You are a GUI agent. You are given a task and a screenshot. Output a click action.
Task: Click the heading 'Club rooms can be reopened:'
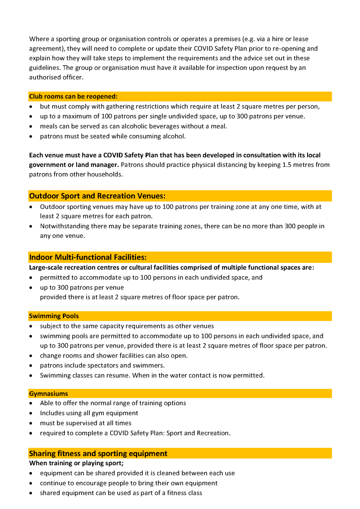tap(73, 97)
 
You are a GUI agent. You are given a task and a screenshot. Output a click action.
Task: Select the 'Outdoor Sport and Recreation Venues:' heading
tap(97, 196)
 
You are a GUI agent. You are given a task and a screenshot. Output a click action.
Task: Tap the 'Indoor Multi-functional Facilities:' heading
tap(88, 257)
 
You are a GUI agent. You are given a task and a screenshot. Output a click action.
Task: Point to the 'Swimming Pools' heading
tap(54, 316)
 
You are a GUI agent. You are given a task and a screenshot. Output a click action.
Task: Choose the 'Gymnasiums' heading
tap(49, 394)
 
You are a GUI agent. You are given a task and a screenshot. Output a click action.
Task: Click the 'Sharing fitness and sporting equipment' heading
tap(98, 454)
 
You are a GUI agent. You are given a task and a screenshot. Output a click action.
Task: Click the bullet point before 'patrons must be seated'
tap(31, 136)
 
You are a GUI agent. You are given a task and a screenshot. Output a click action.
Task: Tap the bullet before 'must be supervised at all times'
tap(31, 424)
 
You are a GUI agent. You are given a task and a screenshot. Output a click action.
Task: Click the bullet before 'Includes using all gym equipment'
tap(31, 414)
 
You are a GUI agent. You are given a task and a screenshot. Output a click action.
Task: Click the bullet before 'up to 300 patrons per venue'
tap(31, 288)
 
